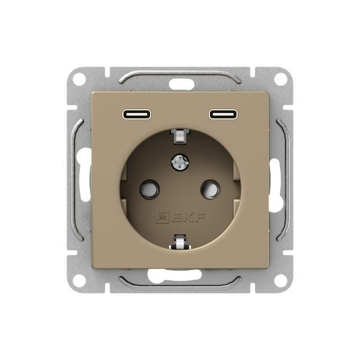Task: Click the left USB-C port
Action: [x=137, y=114]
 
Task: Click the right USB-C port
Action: [x=223, y=114]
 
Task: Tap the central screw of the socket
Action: [x=180, y=163]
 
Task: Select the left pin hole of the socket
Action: [x=149, y=190]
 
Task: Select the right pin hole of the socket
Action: [x=211, y=190]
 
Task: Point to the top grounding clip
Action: [x=180, y=136]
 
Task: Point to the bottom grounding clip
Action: [x=180, y=242]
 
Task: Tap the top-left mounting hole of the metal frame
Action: [x=79, y=79]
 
